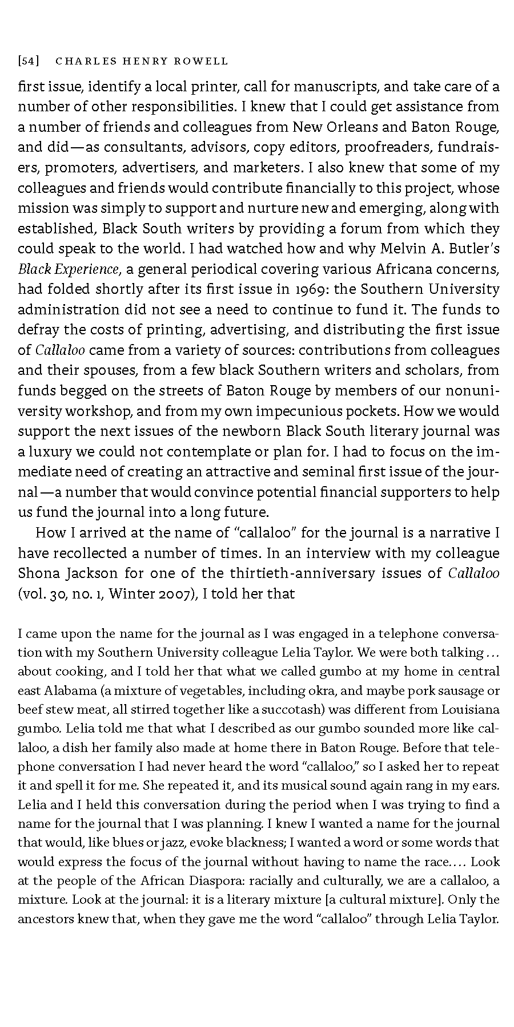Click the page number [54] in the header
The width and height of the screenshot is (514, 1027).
pos(28,60)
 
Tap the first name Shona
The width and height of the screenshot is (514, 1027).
pos(38,573)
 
